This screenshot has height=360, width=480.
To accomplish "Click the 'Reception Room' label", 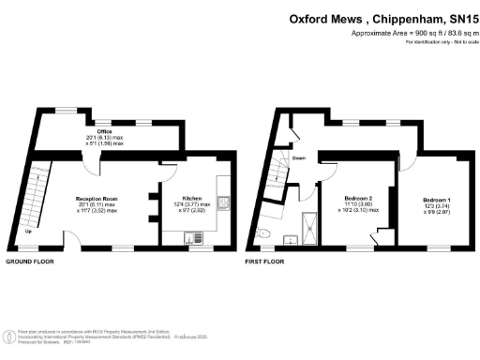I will click(x=97, y=199).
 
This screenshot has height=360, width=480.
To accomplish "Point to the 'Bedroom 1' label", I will click(x=436, y=202).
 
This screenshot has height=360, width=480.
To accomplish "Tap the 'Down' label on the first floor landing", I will click(x=299, y=158).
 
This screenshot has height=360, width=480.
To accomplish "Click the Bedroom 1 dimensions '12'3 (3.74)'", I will click(x=436, y=208).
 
